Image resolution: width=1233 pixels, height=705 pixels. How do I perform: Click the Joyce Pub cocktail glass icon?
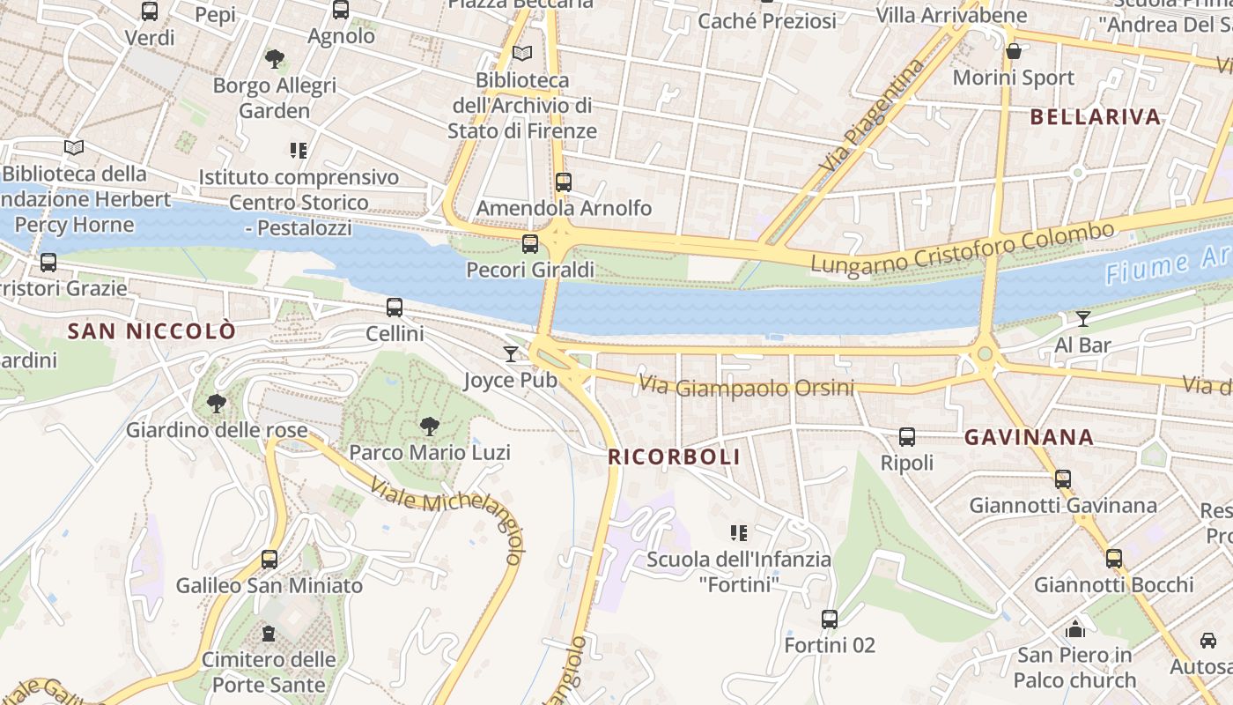[511, 354]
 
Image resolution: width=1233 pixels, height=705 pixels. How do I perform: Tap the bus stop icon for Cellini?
[395, 308]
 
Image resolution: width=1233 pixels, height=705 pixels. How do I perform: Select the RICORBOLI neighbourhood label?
[674, 456]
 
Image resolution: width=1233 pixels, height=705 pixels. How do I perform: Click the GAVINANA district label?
[1029, 437]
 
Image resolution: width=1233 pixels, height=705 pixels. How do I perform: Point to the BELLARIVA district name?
[1095, 117]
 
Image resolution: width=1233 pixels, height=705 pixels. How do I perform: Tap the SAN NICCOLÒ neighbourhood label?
[151, 331]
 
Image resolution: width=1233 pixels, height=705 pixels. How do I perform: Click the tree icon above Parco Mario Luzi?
[430, 427]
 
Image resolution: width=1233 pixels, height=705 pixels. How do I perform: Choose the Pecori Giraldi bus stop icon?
[530, 244]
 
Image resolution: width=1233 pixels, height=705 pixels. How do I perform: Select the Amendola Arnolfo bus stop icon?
[564, 182]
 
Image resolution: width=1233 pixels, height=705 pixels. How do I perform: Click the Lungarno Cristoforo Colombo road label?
[962, 248]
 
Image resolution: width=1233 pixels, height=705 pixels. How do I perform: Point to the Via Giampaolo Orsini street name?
[747, 386]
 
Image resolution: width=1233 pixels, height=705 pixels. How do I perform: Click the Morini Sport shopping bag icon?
[1014, 51]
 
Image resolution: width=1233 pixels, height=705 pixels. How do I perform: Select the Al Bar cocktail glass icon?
[1083, 319]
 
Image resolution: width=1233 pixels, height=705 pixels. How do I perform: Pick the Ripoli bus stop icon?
[906, 437]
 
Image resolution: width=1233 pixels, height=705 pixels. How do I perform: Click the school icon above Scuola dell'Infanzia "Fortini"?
[739, 532]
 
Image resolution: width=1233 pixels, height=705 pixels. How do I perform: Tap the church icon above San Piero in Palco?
[1074, 629]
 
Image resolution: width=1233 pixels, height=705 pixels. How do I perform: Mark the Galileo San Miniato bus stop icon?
[269, 560]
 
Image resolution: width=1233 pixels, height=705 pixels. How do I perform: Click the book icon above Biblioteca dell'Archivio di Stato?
[522, 54]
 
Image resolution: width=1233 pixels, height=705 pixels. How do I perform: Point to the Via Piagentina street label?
[873, 114]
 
